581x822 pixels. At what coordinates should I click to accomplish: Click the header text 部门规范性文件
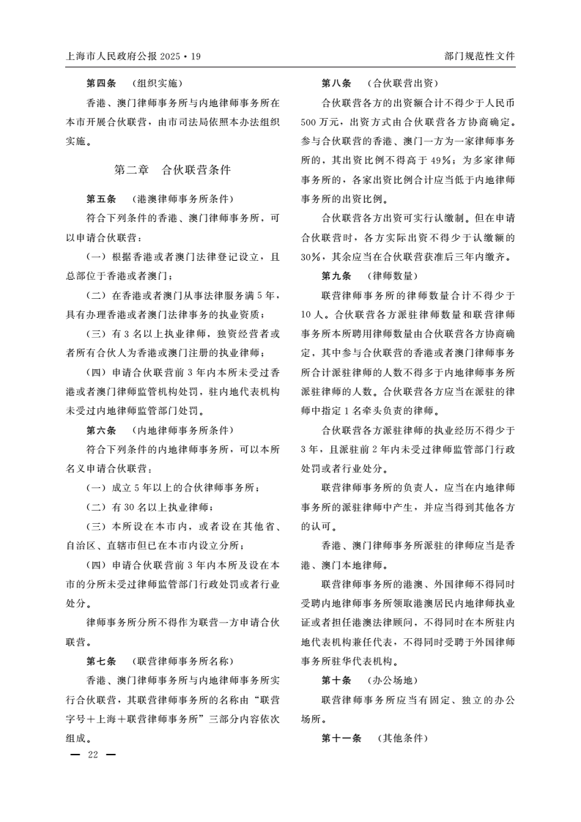(x=479, y=56)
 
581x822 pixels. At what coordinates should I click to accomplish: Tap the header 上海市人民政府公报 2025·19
(x=133, y=56)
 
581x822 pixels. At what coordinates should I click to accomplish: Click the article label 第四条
(x=102, y=83)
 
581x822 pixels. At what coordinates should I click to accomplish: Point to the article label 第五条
(x=102, y=199)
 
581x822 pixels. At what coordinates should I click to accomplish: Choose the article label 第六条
(x=102, y=430)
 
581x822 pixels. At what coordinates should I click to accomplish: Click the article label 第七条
(x=102, y=660)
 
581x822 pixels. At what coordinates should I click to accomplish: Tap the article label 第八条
(x=337, y=83)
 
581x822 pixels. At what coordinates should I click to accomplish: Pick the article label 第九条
(x=337, y=275)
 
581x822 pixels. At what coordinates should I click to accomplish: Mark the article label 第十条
(x=337, y=680)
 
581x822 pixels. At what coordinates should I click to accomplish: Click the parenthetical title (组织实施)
(x=157, y=83)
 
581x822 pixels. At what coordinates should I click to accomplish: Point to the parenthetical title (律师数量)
(x=392, y=275)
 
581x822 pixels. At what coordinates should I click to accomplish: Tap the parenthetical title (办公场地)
(x=392, y=680)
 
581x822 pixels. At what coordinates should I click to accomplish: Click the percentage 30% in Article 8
(x=313, y=256)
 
